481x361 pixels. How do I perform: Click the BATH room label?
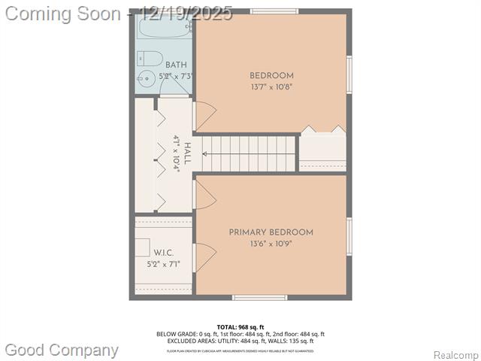[177, 65]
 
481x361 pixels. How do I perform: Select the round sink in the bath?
[144, 77]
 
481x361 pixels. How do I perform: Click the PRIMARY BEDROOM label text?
[271, 232]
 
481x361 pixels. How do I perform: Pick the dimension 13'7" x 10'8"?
[271, 86]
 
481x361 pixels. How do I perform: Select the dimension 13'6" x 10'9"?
[271, 244]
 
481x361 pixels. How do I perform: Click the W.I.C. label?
[164, 253]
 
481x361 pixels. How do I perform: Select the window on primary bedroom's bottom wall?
[259, 298]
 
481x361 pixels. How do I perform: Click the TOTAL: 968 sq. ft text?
[240, 326]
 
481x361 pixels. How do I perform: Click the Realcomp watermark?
[455, 355]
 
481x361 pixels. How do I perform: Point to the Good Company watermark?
[62, 350]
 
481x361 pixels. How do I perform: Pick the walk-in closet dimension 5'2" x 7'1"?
[164, 264]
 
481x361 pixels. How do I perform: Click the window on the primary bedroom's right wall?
[349, 236]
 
